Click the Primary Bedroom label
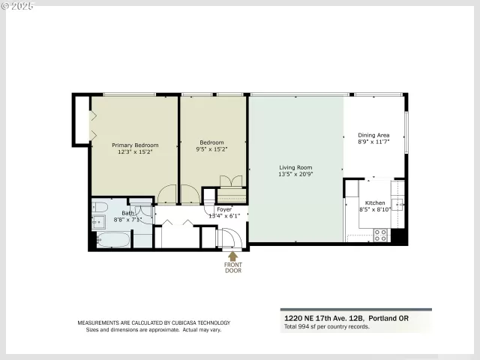135,145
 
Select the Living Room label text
295,167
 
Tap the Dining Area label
373,135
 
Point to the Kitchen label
374,203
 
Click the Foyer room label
225,209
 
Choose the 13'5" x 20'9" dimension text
295,174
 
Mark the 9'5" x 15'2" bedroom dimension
212,149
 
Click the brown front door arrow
233,256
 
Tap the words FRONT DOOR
233,267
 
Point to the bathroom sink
99,220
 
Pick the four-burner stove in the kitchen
380,234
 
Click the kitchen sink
397,202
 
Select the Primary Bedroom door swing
166,195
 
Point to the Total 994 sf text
327,327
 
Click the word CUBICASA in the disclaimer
176,323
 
